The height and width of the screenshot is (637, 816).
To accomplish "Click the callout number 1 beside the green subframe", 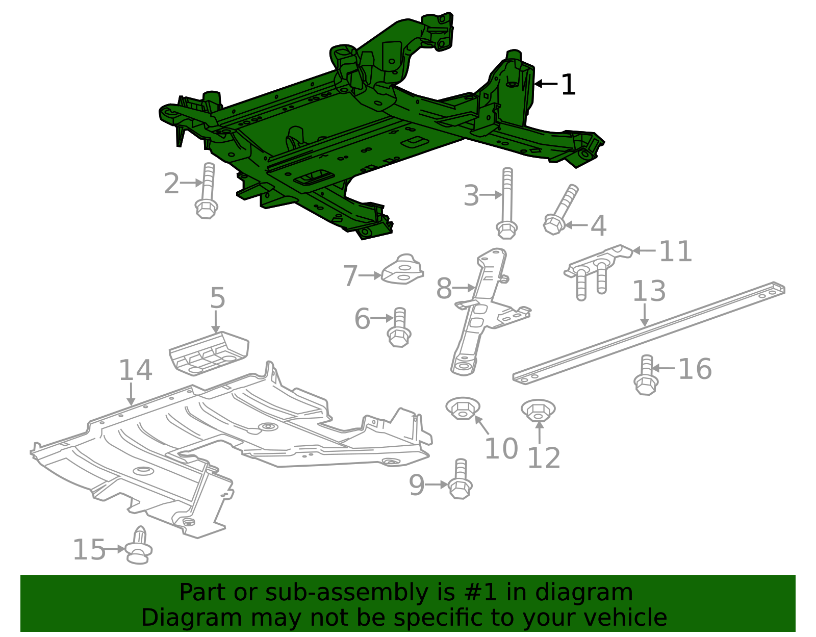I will (568, 85).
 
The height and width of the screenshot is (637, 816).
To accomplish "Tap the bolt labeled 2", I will (207, 191).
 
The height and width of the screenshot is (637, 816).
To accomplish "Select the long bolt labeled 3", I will (507, 204).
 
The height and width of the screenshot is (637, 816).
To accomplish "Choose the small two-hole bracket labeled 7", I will (402, 270).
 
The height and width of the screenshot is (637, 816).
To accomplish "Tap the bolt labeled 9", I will (460, 479).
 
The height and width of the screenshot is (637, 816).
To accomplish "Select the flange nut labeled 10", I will (463, 409).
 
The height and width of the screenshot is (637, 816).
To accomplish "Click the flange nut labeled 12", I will (538, 410).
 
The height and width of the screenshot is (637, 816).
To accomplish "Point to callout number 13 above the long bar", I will (649, 291).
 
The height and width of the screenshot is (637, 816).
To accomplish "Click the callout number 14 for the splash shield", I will (135, 370).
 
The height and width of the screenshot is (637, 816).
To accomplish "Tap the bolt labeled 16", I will (646, 376).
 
